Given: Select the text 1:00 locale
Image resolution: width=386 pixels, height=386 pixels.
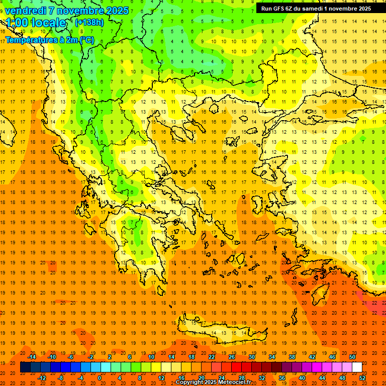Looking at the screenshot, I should click(x=36, y=23).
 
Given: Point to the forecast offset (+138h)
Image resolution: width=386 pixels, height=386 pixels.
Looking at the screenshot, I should click(x=89, y=23).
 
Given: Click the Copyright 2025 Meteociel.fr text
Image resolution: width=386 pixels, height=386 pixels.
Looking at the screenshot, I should click(x=213, y=382).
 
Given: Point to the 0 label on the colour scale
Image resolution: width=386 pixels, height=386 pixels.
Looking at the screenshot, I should click(x=100, y=378).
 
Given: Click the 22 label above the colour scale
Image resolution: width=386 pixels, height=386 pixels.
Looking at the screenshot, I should click(x=212, y=357).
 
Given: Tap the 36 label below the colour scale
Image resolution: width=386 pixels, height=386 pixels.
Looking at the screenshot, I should click(x=282, y=378).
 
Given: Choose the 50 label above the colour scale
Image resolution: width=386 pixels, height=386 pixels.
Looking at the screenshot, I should click(x=352, y=357).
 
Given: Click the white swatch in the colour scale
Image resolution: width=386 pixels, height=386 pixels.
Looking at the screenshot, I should click(x=357, y=367).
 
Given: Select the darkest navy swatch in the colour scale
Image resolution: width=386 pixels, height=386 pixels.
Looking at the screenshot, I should click(x=25, y=367).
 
